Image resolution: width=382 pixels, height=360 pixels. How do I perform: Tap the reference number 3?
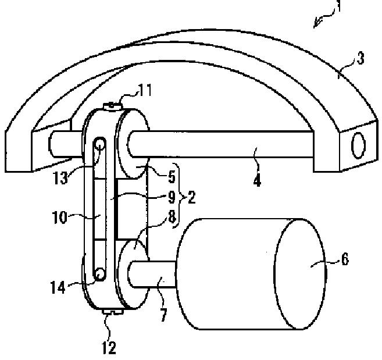click(x=360, y=59)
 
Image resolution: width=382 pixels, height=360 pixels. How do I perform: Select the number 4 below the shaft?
click(x=257, y=180)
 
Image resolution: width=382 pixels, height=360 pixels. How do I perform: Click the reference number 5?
click(x=172, y=177)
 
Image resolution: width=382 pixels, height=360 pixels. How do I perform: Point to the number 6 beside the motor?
click(x=345, y=259)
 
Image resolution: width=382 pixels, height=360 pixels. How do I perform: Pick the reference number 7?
click(x=163, y=315)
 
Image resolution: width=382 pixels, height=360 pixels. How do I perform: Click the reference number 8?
click(x=172, y=217)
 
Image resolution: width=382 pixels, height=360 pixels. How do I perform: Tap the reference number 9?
click(x=172, y=197)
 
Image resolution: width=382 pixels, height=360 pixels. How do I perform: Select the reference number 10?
click(x=60, y=218)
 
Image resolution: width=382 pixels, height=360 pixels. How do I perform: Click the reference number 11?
click(x=145, y=90)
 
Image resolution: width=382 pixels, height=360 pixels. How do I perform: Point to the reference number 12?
click(x=109, y=348)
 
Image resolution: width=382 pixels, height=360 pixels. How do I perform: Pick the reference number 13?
click(x=60, y=177)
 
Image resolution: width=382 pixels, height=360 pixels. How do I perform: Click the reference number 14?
click(x=58, y=287)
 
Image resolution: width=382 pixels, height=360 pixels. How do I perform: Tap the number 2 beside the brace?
click(x=192, y=197)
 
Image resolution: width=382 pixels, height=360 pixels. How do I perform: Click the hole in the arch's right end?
click(x=358, y=145)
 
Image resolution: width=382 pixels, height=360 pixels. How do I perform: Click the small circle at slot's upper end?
click(x=100, y=145)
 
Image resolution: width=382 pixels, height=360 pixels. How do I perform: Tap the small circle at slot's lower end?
click(x=100, y=274)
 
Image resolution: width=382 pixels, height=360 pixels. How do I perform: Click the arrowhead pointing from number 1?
click(x=316, y=24)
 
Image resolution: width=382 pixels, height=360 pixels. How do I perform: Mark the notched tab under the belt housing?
click(x=113, y=312)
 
